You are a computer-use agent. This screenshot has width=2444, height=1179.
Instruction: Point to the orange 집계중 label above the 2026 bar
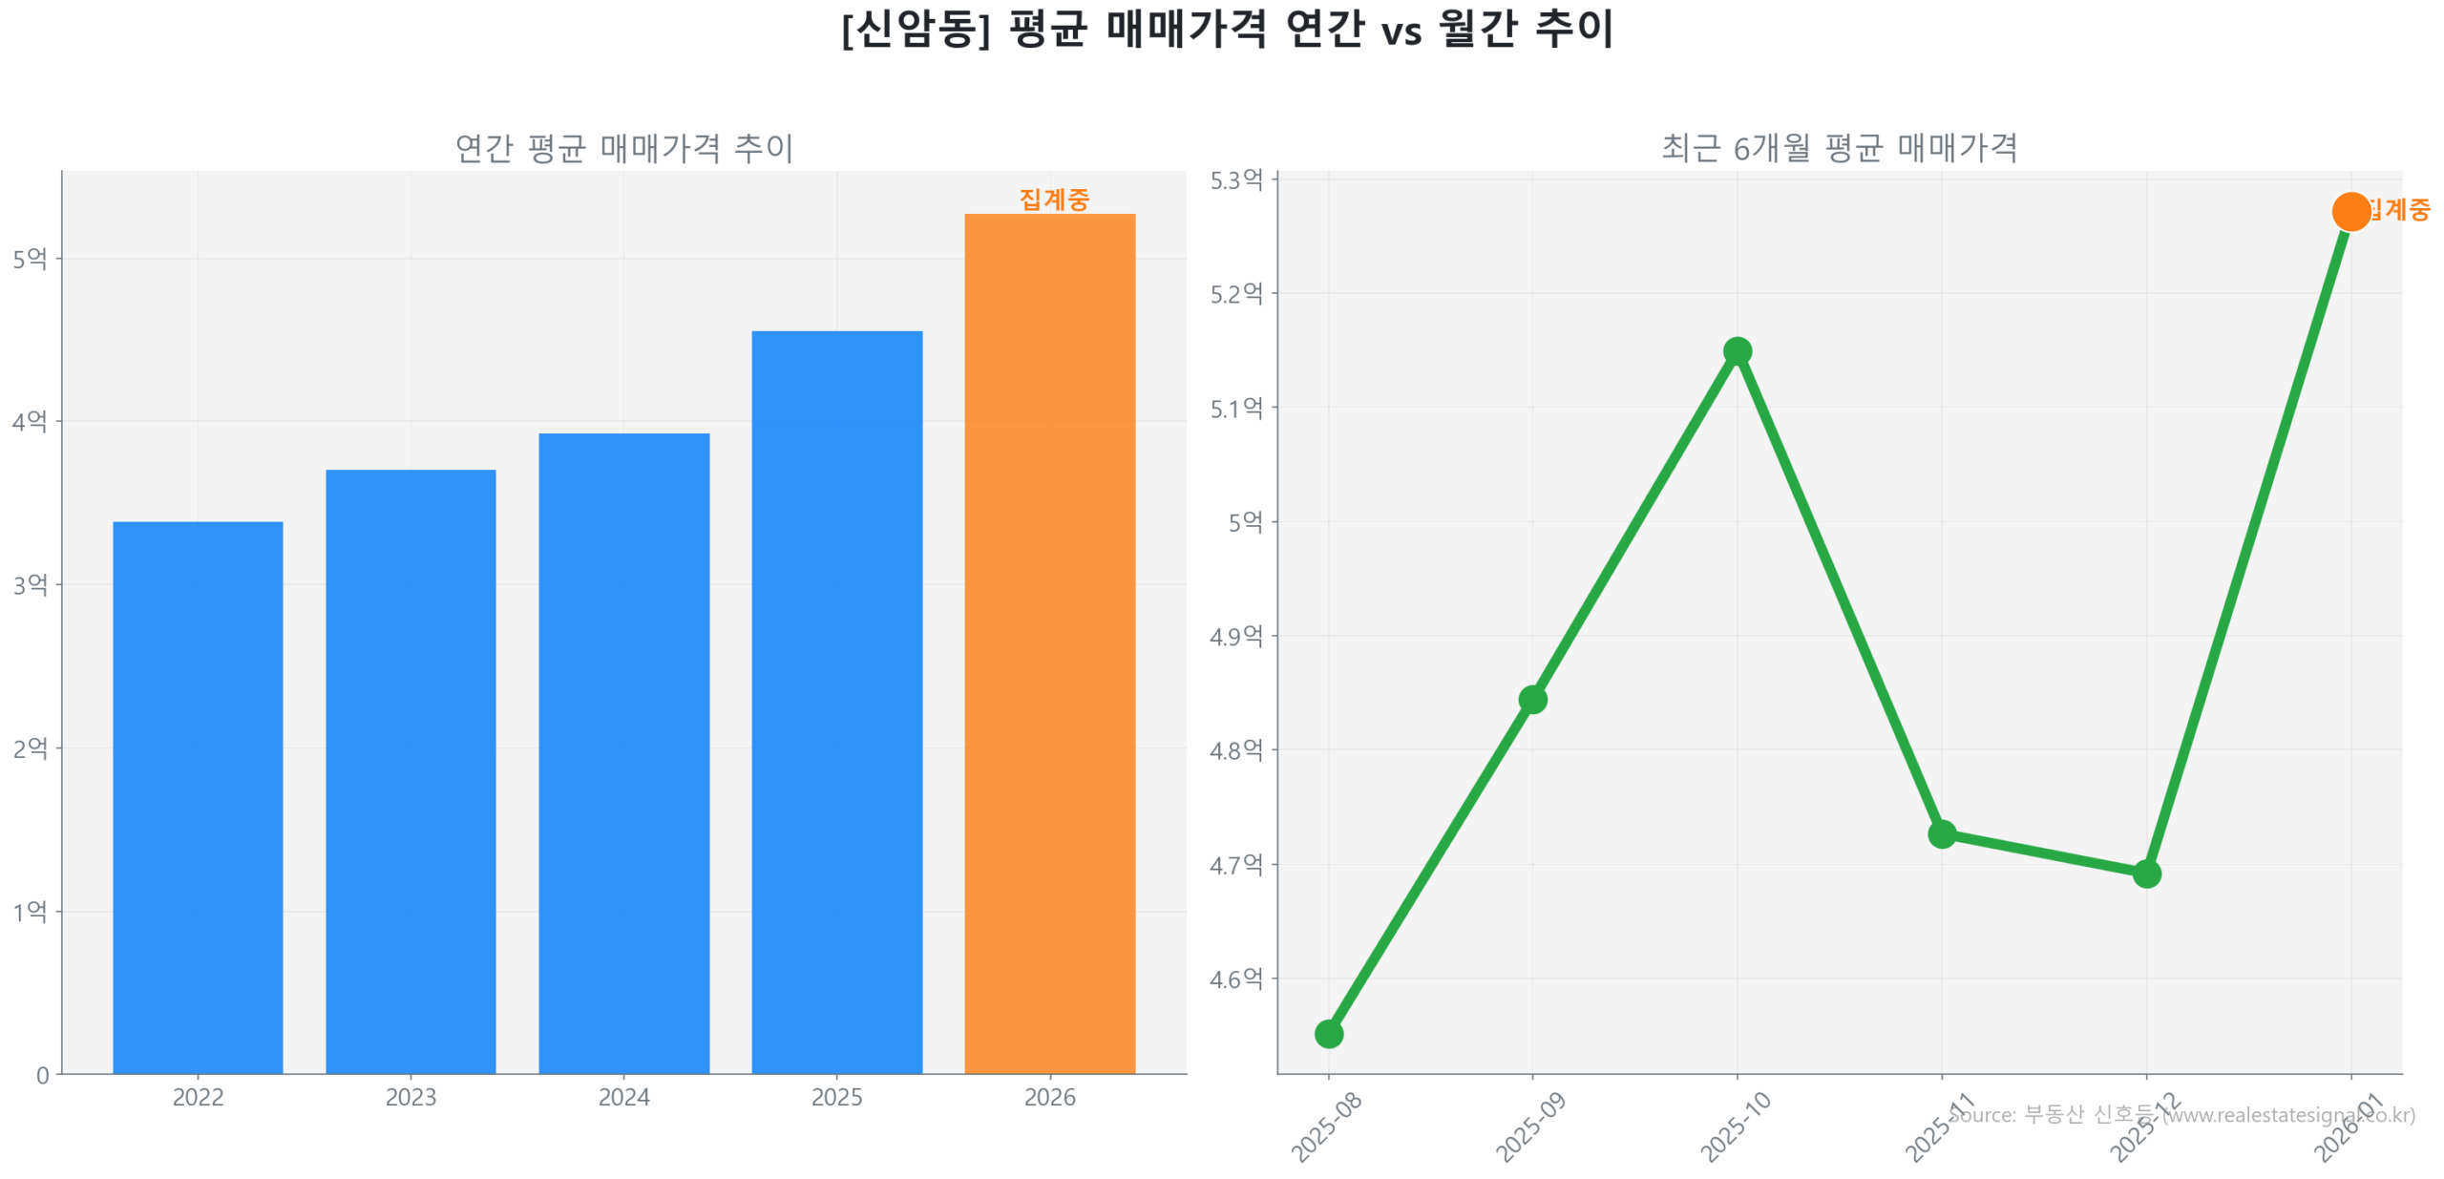pos(1053,199)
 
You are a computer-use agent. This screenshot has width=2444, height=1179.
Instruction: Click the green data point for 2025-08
pos(1328,1033)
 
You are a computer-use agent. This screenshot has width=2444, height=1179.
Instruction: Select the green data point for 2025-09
pos(1532,700)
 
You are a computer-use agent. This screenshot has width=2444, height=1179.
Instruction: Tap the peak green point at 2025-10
pos(1737,351)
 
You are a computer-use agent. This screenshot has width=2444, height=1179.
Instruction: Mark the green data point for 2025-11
pos(1941,833)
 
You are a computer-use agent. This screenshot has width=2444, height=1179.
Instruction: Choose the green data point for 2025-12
pos(2146,873)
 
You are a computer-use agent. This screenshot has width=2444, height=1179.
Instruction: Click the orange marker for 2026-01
pos(2349,211)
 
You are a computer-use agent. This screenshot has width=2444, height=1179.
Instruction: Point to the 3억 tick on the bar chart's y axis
pos(30,584)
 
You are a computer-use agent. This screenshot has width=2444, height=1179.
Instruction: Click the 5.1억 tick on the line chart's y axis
pos(1235,408)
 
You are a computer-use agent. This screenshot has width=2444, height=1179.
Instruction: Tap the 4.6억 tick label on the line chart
pos(1235,979)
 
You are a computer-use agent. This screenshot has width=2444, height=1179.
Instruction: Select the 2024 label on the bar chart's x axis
pos(623,1097)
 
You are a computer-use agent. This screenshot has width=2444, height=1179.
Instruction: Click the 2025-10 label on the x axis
pos(1735,1126)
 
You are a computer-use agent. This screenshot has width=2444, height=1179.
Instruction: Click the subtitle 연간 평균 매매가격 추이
pos(623,148)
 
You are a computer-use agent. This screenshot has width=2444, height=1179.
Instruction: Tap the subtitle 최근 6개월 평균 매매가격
pos(1839,148)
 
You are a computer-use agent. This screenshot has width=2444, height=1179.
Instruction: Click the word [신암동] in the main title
pos(916,29)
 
